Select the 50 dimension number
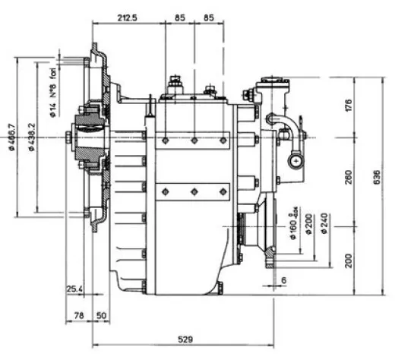(101, 314)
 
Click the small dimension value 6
(283, 280)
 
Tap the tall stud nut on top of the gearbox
(175, 83)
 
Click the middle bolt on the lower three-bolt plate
(194, 191)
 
